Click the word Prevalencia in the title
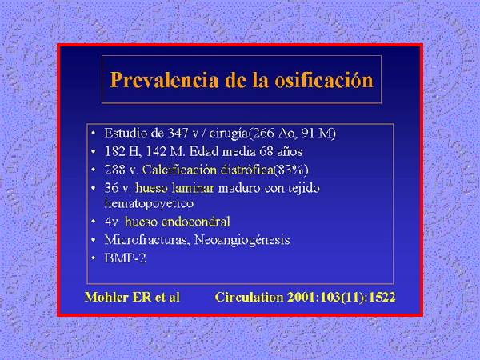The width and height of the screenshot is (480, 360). point(164,80)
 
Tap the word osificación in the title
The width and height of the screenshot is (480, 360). point(324,80)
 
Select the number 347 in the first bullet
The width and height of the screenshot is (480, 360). point(178,133)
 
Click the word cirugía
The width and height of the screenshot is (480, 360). point(228,134)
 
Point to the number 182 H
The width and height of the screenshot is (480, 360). point(122,151)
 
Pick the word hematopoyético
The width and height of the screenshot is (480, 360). point(149,204)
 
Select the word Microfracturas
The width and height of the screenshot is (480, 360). point(146,240)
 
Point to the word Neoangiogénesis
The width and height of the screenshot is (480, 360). point(242,240)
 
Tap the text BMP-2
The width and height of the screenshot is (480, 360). point(126,258)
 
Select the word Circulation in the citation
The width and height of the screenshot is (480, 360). point(249,298)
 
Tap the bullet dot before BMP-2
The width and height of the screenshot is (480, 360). point(94,259)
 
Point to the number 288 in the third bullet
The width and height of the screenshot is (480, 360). point(114,170)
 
